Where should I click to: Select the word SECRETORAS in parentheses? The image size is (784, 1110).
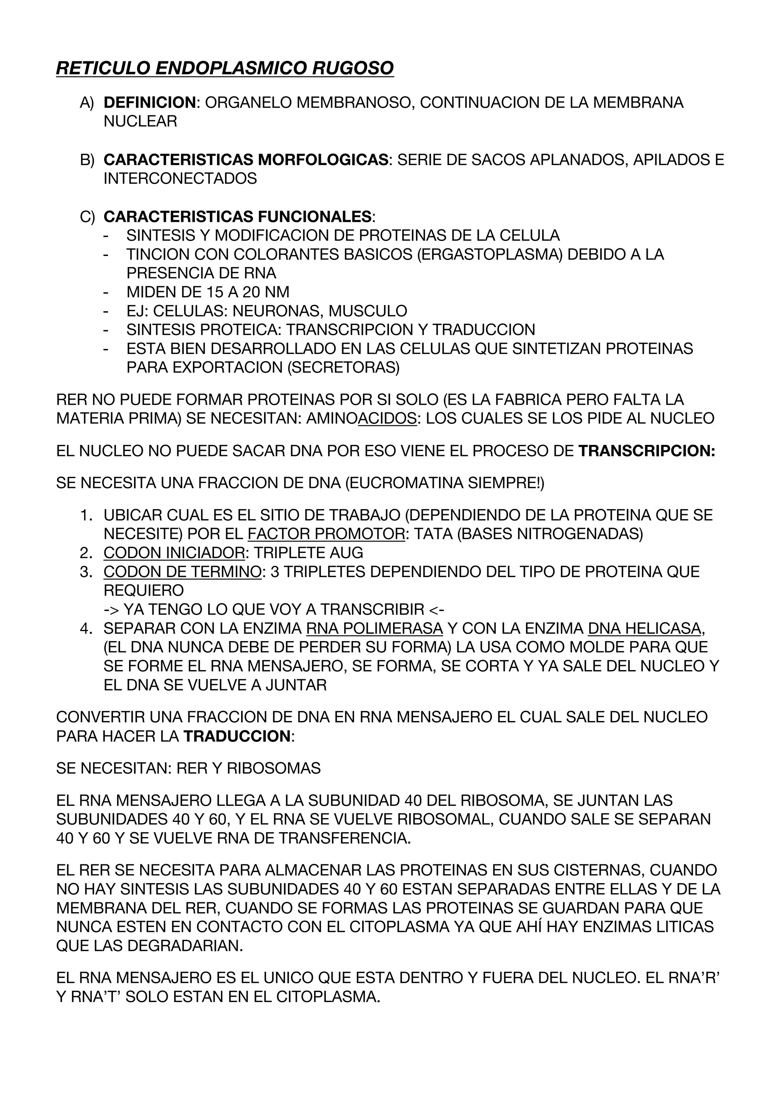(343, 367)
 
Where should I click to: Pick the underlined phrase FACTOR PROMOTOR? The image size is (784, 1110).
(326, 534)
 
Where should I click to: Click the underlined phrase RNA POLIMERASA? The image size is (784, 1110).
(374, 628)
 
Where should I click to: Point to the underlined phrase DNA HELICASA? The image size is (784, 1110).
(644, 628)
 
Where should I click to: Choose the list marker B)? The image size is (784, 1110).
(87, 160)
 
